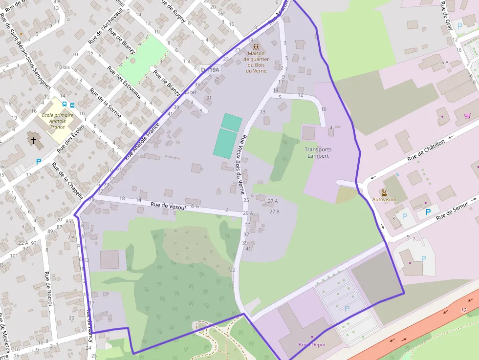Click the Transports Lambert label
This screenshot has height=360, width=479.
(x=318, y=153)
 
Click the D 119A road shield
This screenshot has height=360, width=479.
(x=211, y=70)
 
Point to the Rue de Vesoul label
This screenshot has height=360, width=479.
(x=169, y=207)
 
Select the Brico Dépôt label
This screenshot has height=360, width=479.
(x=312, y=344)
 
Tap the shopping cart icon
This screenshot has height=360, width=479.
(x=468, y=116)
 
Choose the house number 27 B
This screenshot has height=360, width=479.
(x=274, y=212)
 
